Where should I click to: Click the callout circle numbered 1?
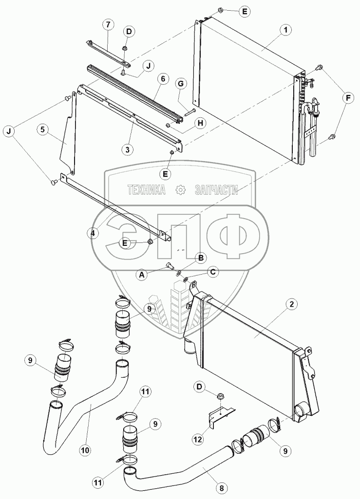coord(286,30)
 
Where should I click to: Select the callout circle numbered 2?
coord(290,305)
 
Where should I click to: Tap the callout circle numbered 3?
coord(128,149)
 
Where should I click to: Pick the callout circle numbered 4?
coord(93,233)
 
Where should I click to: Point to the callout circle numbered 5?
coord(44,129)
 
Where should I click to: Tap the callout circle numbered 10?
coord(85,450)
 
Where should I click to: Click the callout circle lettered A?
coord(142,275)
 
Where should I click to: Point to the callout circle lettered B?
coord(200,257)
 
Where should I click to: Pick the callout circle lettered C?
coord(212,273)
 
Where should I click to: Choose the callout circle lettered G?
coord(181,84)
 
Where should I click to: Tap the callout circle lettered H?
coord(198,124)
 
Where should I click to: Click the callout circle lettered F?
coord(348,98)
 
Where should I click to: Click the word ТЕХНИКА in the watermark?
coord(147,190)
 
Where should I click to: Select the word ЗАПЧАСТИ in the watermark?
coord(216,190)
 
